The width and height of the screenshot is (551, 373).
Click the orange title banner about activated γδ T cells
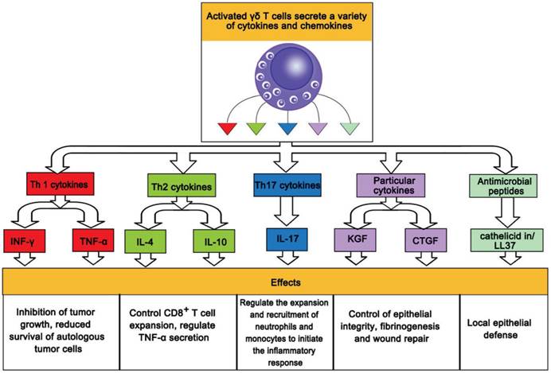(x=275, y=22)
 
